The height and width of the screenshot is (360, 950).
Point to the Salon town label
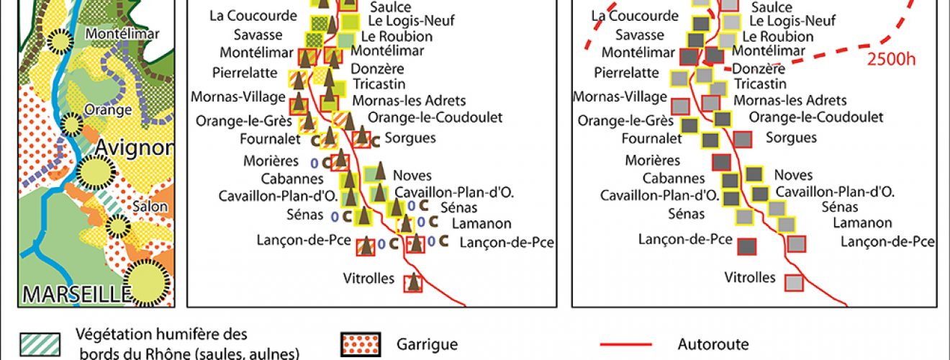[149, 206]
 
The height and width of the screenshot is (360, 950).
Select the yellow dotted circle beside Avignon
[95, 171]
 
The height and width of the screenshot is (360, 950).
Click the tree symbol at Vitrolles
[413, 282]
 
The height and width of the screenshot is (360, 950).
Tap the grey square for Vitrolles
[794, 283]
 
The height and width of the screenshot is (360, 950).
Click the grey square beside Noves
[754, 174]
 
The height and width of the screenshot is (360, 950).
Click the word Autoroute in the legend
[712, 344]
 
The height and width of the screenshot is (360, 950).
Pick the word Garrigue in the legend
[427, 344]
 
